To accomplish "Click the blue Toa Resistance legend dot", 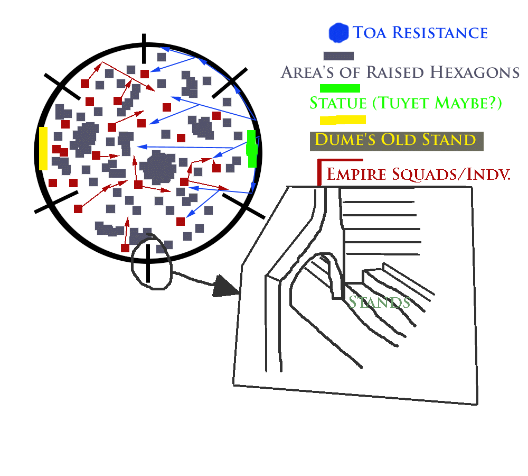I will [x=338, y=33].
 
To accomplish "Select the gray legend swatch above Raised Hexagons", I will [x=338, y=56].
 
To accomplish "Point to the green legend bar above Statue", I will [x=340, y=88].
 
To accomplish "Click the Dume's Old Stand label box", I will [x=396, y=141].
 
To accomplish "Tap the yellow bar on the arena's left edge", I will [x=43, y=148].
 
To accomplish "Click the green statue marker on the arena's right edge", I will [x=252, y=148].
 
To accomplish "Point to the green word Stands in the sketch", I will [x=379, y=302].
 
